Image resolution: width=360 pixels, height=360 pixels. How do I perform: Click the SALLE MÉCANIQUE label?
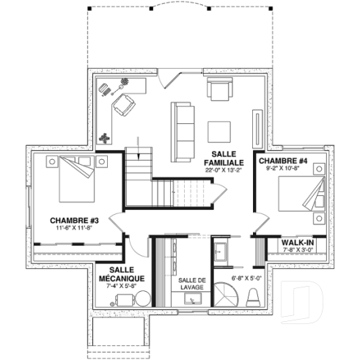(122, 274)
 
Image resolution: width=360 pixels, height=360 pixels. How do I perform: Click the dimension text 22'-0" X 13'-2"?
(220, 170)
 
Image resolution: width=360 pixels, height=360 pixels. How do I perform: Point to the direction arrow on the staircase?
(136, 147)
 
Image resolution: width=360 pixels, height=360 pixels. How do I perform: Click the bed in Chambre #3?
(73, 180)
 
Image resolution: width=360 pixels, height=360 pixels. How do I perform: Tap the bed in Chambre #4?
(305, 195)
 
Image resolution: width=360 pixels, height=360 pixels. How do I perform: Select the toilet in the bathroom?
(253, 297)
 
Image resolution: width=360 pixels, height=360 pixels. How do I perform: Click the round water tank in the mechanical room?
(142, 298)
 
